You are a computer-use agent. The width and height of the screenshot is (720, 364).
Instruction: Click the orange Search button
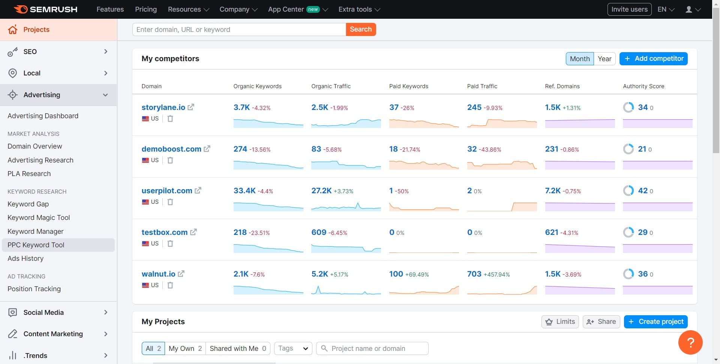(360, 29)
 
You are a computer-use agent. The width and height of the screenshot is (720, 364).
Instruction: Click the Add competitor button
(653, 59)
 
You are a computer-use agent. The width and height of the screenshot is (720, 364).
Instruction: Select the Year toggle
(604, 59)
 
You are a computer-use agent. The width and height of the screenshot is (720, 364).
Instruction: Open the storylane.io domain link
(163, 107)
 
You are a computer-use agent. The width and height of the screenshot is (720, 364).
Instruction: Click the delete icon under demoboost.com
(170, 160)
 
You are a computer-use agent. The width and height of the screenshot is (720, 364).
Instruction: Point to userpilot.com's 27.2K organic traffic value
(321, 191)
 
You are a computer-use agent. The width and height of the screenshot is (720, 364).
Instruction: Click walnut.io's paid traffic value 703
(474, 274)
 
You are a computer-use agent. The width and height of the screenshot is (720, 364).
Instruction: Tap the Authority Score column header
(643, 86)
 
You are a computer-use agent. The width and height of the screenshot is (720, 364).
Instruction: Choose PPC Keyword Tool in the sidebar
(36, 245)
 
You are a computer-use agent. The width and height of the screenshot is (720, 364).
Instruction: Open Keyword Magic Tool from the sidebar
(39, 218)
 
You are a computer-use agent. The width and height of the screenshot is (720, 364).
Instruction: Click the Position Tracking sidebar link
(34, 289)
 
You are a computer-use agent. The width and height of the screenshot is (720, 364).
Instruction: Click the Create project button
(655, 322)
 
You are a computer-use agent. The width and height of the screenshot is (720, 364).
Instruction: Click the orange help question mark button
(690, 342)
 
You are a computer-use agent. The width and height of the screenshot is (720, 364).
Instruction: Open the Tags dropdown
(293, 348)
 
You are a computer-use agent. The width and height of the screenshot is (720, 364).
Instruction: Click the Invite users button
(629, 9)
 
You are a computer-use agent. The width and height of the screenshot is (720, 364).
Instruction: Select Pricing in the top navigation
(146, 9)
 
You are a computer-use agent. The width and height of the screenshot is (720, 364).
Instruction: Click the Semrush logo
(46, 9)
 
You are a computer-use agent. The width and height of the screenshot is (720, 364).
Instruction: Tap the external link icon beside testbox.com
(193, 232)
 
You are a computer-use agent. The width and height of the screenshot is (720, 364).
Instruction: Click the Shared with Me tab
(237, 348)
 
